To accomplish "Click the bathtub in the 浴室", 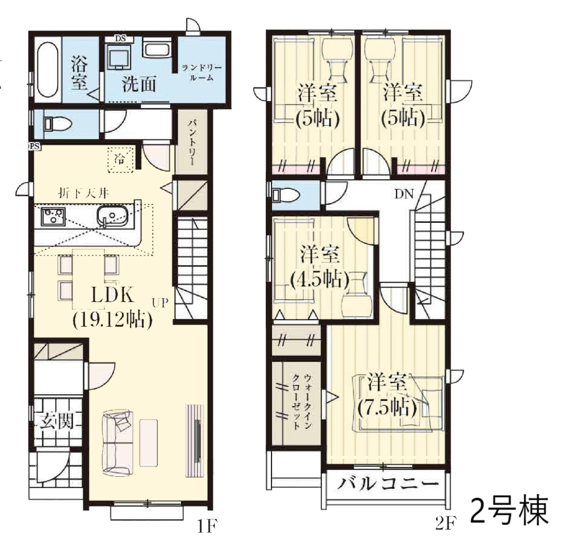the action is click(x=48, y=70).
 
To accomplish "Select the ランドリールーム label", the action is click(x=201, y=72).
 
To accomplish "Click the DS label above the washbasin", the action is click(x=120, y=38).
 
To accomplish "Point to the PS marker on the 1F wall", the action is click(x=35, y=146).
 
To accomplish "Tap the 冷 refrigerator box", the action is click(x=120, y=160).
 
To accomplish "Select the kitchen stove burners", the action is click(x=54, y=216).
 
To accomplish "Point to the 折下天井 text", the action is click(x=83, y=193).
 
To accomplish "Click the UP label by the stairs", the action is click(x=160, y=303).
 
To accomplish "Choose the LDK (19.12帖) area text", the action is click(x=112, y=307).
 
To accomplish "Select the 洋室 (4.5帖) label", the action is click(x=320, y=267).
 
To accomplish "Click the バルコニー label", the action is click(x=389, y=483).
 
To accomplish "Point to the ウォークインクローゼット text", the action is click(x=302, y=402).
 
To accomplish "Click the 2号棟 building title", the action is click(x=510, y=511).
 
